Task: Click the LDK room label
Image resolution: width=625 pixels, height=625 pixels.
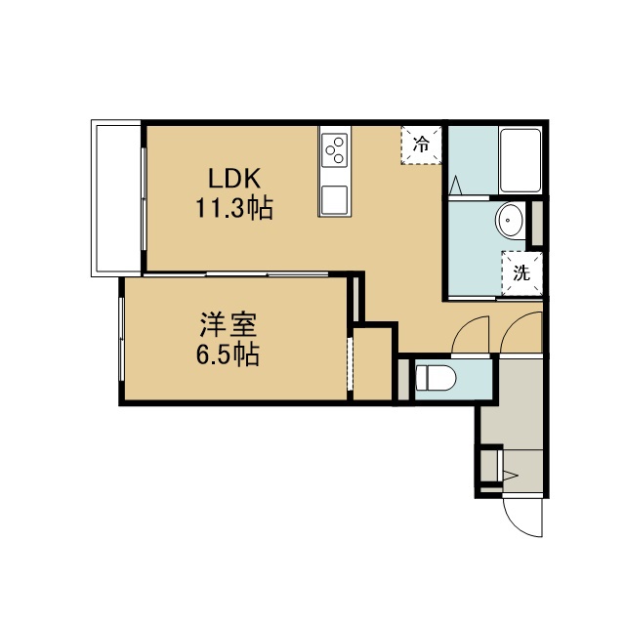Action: [234, 179]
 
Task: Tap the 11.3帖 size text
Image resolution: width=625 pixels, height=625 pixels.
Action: [234, 208]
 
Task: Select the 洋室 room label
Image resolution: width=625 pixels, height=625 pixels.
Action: [229, 324]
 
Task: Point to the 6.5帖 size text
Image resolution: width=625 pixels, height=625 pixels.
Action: [228, 354]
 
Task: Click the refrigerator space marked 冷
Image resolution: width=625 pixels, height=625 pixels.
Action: [421, 145]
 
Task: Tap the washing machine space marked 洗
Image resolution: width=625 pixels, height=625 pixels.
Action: [521, 273]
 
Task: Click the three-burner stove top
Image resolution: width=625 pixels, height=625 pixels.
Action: [334, 150]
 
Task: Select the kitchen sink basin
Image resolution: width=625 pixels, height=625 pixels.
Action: [334, 200]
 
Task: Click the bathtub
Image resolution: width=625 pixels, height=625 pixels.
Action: [521, 160]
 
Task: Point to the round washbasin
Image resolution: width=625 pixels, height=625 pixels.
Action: [510, 220]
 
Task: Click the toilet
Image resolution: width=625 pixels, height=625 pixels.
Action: [436, 378]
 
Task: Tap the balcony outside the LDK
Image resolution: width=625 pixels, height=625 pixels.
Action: [116, 198]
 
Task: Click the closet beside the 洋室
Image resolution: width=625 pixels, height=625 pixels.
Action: [372, 363]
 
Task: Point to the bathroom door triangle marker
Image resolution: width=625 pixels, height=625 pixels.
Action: [456, 186]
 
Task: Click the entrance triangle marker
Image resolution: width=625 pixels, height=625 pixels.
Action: [511, 476]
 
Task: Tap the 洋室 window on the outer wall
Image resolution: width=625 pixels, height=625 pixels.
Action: [121, 340]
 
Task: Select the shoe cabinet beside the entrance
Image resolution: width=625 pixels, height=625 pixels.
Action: [490, 466]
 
